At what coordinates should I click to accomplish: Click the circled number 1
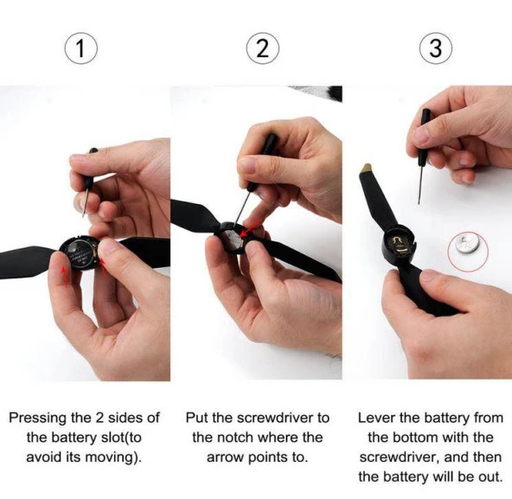point(80,48)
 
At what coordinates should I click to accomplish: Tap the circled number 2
point(262,48)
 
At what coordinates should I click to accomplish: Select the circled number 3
point(436,48)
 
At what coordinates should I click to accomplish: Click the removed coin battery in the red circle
point(467,246)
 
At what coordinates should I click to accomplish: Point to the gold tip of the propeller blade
point(367,169)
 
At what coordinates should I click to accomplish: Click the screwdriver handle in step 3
point(425,124)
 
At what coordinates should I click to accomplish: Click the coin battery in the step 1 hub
point(80,253)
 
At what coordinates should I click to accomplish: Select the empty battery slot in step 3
point(400,244)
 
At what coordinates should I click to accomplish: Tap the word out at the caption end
point(490,477)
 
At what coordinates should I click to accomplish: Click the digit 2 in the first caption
point(100,418)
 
